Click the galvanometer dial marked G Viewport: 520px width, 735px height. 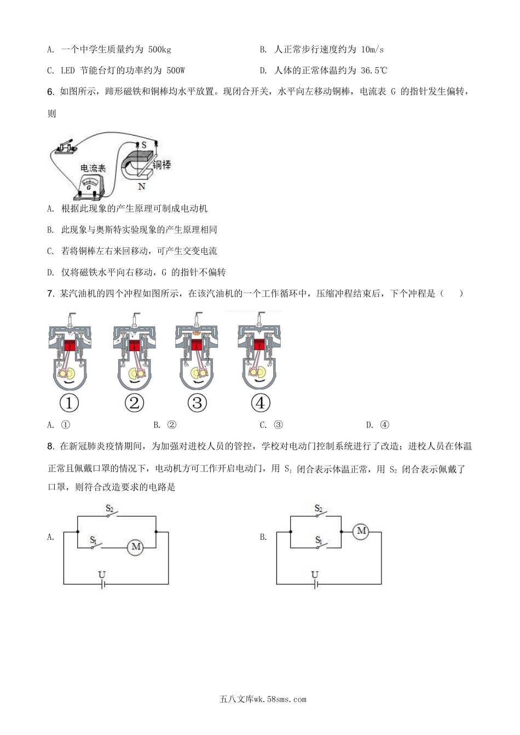(89, 184)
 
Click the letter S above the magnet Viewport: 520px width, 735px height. (143, 145)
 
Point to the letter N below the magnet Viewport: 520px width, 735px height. (142, 186)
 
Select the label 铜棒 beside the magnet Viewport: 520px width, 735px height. (161, 164)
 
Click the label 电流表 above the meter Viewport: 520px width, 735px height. (93, 168)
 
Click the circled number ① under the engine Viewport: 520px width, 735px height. (69, 403)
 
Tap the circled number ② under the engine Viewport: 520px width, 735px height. (134, 403)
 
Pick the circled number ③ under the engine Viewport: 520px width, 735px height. (197, 403)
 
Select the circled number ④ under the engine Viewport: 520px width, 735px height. (261, 403)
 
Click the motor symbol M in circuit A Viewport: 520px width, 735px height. (136, 546)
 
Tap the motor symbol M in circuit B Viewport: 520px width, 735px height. (361, 530)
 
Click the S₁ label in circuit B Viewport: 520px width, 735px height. (319, 540)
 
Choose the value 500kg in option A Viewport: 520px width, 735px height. (159, 50)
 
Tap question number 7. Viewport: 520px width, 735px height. (50, 294)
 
